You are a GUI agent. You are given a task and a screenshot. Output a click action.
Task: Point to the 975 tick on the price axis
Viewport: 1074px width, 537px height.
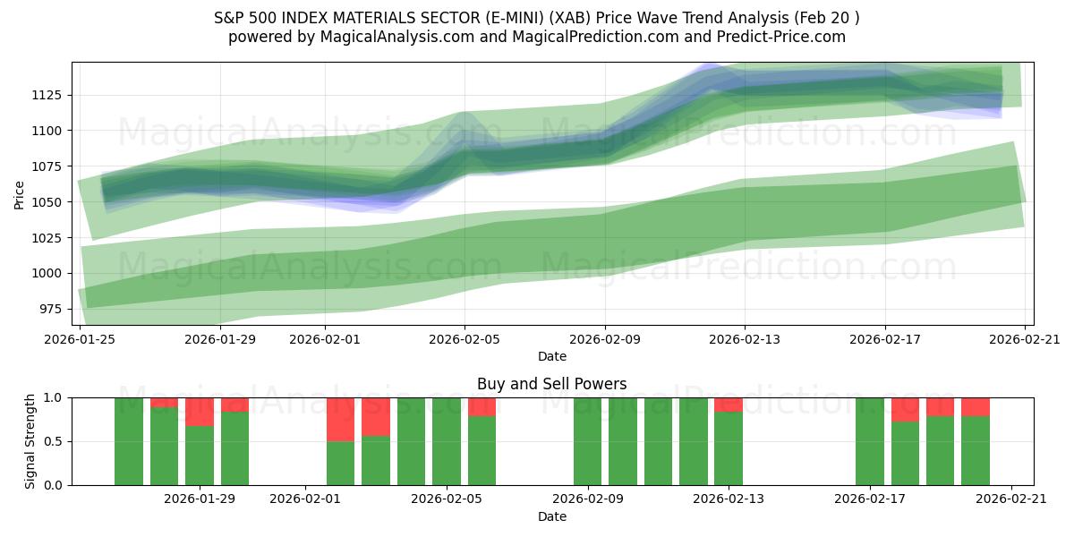(52, 309)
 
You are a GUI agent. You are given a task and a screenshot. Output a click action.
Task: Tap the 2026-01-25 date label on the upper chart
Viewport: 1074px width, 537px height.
(81, 339)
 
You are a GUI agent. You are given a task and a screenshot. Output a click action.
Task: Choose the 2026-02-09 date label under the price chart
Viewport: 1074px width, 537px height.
(604, 339)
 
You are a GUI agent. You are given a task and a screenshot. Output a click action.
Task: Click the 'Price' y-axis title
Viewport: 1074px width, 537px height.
(20, 193)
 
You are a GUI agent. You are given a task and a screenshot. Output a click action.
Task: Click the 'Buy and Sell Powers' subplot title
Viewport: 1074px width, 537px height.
(551, 384)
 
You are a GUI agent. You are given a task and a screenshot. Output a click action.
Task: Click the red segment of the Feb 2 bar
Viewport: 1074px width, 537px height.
(340, 419)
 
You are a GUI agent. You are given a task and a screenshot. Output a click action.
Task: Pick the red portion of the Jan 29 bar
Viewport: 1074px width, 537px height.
(200, 412)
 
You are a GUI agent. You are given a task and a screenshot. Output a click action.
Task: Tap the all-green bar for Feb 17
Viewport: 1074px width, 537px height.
(869, 441)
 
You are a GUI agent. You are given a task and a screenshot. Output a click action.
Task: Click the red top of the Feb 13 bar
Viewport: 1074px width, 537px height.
(729, 405)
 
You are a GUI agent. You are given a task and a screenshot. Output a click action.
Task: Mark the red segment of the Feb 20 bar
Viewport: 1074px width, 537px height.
(976, 406)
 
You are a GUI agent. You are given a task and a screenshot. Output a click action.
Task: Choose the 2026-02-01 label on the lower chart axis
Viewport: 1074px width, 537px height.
(305, 499)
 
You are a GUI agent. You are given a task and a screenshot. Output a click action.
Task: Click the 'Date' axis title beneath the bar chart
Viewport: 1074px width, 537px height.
(551, 516)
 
